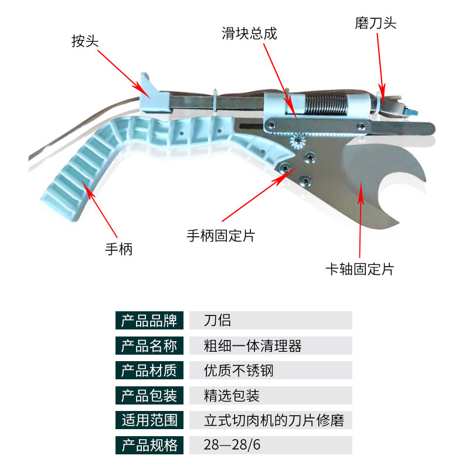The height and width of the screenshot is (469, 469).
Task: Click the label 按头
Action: coord(84,41)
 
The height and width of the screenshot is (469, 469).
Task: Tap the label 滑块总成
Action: coord(249,33)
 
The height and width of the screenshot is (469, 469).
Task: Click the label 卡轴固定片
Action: coord(359,269)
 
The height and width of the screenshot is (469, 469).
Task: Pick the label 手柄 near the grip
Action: coord(119,249)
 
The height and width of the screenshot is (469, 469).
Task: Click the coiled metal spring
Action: coord(328,106)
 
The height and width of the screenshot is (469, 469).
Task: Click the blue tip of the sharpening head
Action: coord(413,111)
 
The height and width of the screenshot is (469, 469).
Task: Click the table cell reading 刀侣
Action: coord(217,321)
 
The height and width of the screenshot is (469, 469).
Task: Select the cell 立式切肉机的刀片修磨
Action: coord(274,420)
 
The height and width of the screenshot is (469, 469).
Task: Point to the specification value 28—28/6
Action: coord(232,445)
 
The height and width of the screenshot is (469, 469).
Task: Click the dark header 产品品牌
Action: coord(149,321)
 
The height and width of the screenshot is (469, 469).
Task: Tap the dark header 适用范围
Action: coord(149,420)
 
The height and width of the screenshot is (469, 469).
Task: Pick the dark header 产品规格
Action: coord(149,445)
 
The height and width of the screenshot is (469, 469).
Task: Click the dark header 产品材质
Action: coord(149,371)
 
